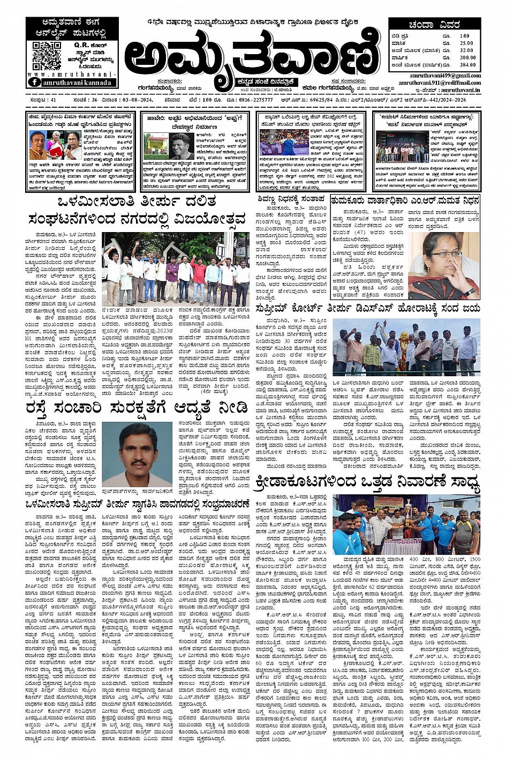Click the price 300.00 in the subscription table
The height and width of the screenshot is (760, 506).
(x=467, y=57)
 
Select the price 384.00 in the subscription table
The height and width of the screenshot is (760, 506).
(x=467, y=64)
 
